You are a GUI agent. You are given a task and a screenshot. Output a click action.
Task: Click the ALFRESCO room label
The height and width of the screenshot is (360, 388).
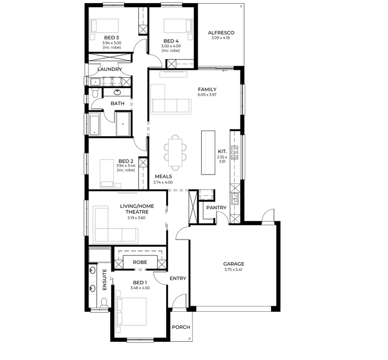pos(221,33)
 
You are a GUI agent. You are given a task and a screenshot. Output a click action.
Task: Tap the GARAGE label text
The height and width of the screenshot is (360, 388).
pos(233,264)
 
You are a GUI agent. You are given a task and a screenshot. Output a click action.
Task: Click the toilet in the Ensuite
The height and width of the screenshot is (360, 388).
pos(103,302)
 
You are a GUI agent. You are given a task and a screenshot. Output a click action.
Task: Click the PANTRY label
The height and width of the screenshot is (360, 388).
pos(216,208)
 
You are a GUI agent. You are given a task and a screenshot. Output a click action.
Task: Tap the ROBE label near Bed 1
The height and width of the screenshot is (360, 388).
pos(140,262)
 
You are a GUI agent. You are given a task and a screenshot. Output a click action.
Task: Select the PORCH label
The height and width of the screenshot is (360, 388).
pos(181,327)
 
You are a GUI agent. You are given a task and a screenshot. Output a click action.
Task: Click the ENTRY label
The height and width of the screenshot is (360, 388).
pos(177,279)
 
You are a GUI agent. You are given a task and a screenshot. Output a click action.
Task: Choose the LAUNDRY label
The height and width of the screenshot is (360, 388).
pos(110,69)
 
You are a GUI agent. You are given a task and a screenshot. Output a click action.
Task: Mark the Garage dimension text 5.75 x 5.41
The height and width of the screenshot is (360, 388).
pos(233,269)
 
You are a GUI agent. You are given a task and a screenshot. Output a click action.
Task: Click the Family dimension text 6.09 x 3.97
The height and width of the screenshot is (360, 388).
pos(207,95)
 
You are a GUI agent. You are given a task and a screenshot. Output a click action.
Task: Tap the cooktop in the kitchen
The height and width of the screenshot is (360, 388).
pos(234,152)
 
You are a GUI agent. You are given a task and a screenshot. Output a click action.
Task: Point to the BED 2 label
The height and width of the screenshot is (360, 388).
pos(126,161)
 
